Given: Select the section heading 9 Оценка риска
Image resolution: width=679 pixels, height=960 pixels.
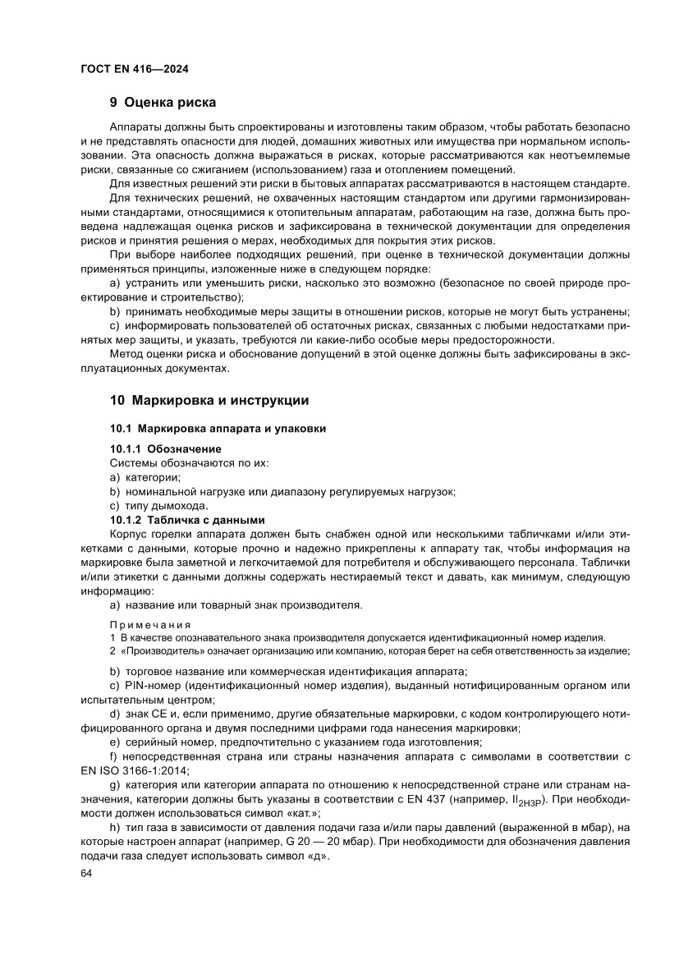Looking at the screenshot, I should click(x=163, y=103).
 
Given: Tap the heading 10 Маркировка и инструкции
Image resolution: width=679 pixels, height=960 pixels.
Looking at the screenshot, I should click(x=209, y=401).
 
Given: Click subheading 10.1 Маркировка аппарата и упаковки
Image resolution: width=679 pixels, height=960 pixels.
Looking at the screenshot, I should click(x=218, y=429).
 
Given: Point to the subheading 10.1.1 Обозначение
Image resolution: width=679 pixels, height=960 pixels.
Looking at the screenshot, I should click(x=166, y=449).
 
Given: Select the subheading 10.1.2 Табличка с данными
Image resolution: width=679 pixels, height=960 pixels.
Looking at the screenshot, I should click(x=188, y=520).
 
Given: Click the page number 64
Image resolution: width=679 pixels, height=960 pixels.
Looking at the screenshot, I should click(x=86, y=875).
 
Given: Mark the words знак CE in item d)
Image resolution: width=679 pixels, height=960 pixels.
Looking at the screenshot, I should click(x=148, y=714).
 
